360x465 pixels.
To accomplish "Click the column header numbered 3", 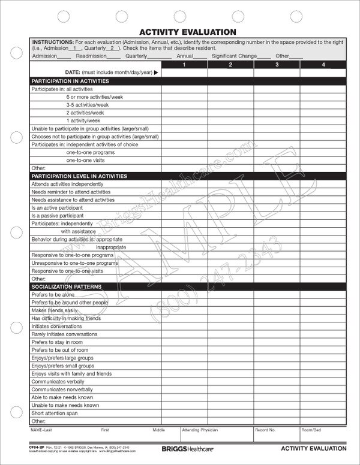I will (277, 64).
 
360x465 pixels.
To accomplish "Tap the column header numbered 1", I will (184, 64).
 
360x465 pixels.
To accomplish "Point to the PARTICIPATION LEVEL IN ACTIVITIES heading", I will (79, 176).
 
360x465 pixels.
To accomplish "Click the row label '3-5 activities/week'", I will (88, 104).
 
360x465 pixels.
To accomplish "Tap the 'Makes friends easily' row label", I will (55, 311).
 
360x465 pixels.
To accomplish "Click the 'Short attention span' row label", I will (55, 413).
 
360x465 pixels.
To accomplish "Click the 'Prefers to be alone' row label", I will (53, 295).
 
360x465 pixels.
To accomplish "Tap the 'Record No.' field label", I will (266, 430).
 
